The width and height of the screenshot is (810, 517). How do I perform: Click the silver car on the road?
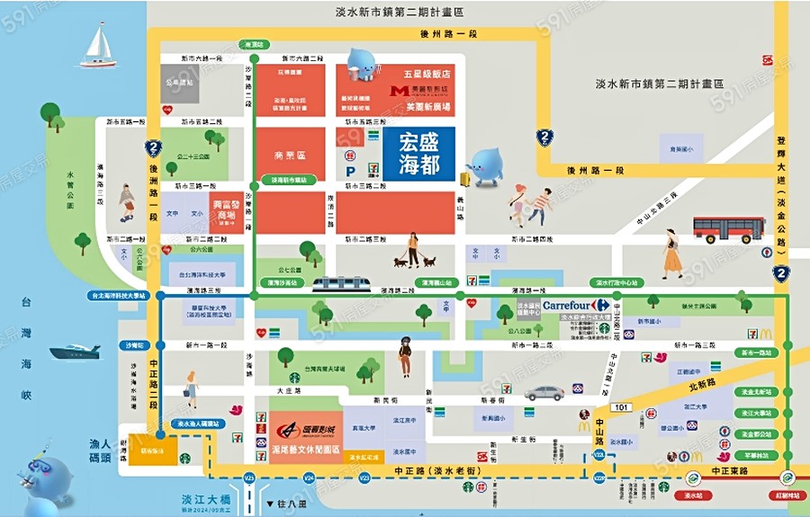click(x=544, y=393)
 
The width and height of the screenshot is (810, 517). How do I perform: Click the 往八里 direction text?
click(x=286, y=504)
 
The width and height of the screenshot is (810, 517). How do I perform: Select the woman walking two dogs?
click(x=414, y=252)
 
